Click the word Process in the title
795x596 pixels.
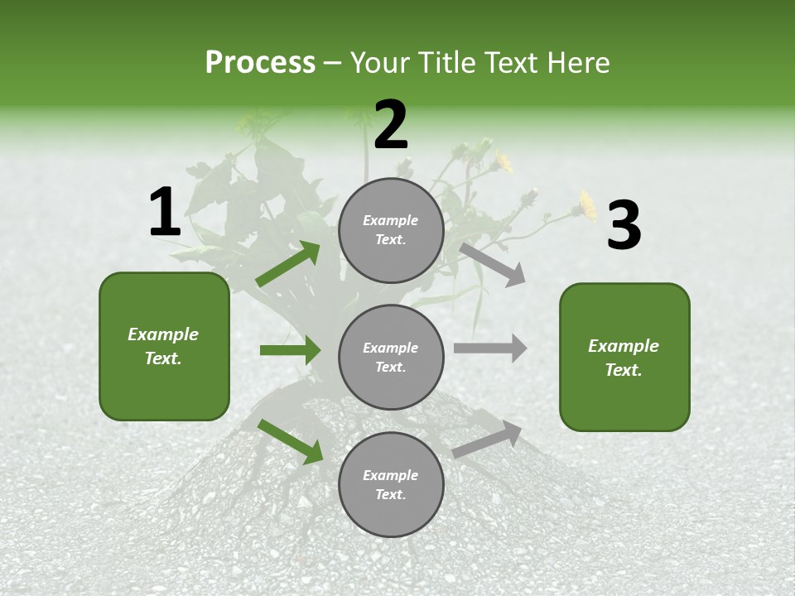[260, 62]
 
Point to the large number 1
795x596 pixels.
[165, 213]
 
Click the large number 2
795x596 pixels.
[391, 125]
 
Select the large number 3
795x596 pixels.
[624, 226]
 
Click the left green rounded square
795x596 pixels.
[164, 346]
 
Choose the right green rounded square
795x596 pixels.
[624, 358]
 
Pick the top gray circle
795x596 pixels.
[391, 230]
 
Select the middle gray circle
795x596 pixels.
[391, 358]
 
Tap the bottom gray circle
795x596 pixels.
[391, 485]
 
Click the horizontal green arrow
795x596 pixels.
[290, 350]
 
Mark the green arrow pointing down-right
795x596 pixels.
[290, 441]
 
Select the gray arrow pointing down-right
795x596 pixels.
[492, 264]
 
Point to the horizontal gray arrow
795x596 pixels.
[490, 348]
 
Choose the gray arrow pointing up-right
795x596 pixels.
[488, 439]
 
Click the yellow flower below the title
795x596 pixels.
[587, 204]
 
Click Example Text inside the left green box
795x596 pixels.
[163, 346]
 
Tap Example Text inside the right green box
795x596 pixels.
[624, 358]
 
